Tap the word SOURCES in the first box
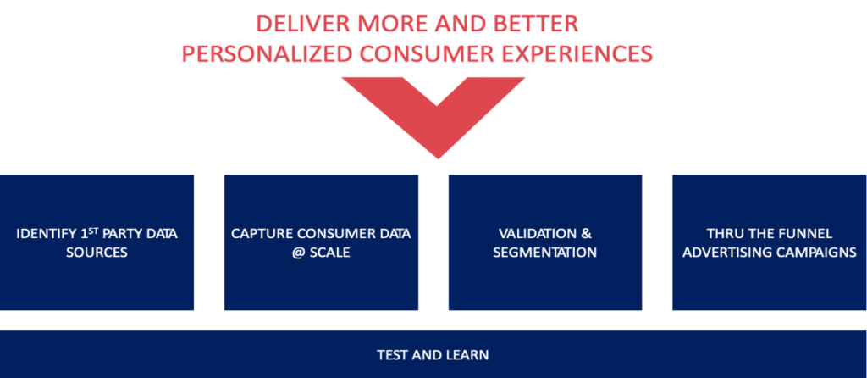click(97, 253)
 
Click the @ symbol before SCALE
click(298, 253)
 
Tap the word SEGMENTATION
click(544, 253)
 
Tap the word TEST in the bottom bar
click(390, 355)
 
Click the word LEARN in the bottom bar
click(469, 355)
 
